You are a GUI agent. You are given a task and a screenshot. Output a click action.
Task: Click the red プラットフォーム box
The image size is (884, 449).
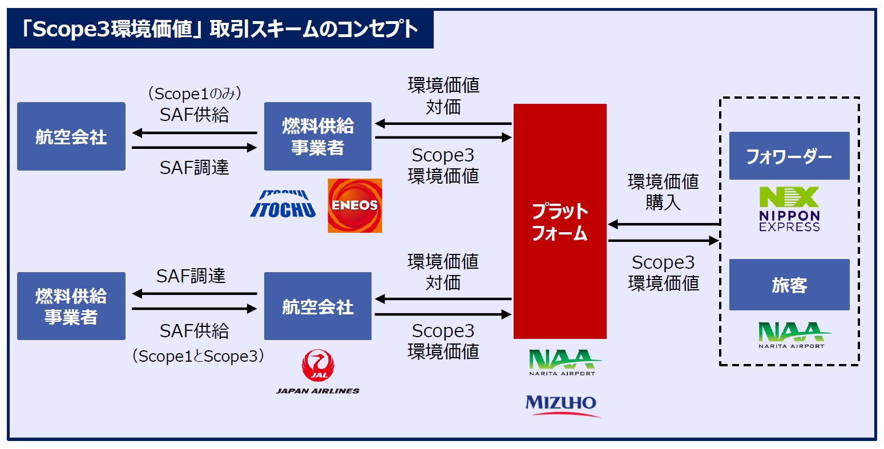(x=559, y=221)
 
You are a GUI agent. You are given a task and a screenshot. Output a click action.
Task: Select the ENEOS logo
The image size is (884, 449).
(x=354, y=205)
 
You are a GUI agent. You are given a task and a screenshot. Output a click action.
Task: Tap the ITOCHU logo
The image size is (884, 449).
(x=283, y=204)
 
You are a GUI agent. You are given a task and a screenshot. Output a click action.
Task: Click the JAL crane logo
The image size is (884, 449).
(x=318, y=365)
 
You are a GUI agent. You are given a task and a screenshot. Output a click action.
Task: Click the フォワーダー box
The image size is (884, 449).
(x=789, y=156)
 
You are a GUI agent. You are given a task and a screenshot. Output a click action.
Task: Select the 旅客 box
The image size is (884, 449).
(x=789, y=285)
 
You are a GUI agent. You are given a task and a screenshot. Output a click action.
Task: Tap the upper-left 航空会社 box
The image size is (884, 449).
(x=71, y=136)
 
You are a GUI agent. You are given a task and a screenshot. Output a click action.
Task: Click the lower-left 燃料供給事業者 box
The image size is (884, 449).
(x=71, y=306)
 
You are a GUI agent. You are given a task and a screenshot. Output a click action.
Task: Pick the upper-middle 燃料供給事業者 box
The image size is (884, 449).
(x=318, y=136)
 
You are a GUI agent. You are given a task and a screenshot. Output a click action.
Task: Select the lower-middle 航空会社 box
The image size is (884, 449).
(x=318, y=306)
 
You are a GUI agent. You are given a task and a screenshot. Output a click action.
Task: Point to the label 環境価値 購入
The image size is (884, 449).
(x=663, y=192)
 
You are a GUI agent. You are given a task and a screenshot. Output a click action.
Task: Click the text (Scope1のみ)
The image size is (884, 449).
(x=194, y=94)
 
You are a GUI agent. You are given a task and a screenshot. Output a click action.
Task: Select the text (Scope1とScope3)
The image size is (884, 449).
(x=198, y=357)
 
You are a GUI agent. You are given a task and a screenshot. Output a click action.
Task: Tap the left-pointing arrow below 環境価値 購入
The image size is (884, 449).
(x=663, y=224)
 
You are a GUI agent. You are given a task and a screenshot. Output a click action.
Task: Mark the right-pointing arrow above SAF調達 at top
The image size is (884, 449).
(x=194, y=148)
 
